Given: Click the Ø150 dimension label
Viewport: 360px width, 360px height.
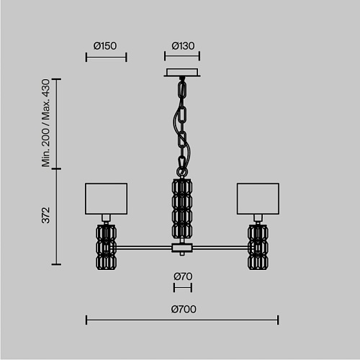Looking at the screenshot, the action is pos(105,46).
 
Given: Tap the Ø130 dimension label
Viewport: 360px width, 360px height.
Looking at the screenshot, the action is pos(183,46).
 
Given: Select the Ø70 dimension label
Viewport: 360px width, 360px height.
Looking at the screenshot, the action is pos(183,276).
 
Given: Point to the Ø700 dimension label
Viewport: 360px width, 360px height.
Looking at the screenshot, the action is pos(184,309).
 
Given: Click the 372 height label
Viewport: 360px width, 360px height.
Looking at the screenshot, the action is pos(45,215).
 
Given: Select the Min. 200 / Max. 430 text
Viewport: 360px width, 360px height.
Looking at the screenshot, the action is pos(45,123).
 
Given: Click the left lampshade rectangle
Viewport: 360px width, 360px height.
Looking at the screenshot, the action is pos(106,199).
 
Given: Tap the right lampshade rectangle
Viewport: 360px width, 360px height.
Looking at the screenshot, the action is pos(258,199).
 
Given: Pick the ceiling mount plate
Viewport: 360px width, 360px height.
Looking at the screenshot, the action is pos(182,73).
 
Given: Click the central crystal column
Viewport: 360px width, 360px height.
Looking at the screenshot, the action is pos(182,209).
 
